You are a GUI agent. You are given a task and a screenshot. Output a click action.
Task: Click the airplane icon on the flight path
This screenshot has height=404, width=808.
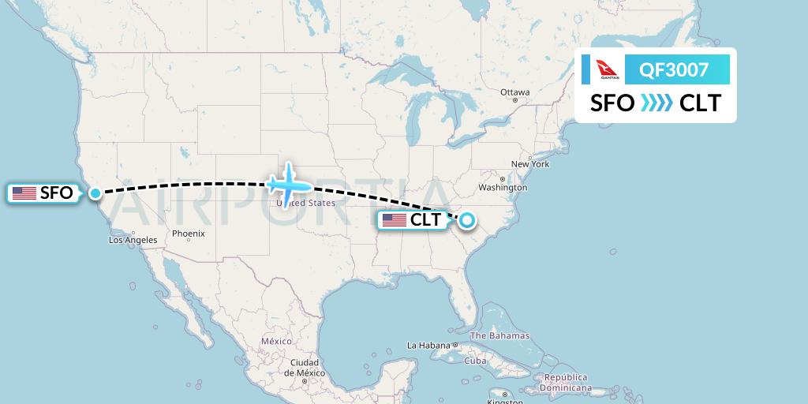click(289, 182)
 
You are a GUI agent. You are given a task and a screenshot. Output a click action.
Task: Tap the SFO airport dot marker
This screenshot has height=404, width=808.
click(95, 193)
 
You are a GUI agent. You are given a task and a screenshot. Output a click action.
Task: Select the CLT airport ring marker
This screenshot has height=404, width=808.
click(468, 220)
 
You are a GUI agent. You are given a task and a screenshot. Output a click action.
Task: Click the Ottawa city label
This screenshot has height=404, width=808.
click(514, 92)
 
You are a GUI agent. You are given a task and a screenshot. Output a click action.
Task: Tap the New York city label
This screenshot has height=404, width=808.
click(529, 164)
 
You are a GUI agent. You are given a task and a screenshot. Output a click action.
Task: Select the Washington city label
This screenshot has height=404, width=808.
click(502, 188)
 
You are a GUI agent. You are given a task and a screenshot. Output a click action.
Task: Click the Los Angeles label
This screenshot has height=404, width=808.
click(133, 240)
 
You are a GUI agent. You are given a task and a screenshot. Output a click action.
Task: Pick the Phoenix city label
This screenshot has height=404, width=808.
click(189, 234)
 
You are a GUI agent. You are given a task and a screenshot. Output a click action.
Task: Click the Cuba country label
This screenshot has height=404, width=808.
click(475, 361)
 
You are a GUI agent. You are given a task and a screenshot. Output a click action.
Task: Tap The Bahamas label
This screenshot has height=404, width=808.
click(500, 335)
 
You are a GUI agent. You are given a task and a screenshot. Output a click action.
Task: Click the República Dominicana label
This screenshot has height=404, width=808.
click(566, 383)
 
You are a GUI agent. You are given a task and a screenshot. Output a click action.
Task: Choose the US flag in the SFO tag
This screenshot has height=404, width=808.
click(24, 193)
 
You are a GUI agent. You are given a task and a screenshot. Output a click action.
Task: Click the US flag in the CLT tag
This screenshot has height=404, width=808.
click(394, 220)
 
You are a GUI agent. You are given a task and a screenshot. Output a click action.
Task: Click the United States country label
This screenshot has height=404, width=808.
click(305, 203)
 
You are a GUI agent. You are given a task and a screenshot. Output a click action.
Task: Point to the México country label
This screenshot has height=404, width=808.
click(276, 341)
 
